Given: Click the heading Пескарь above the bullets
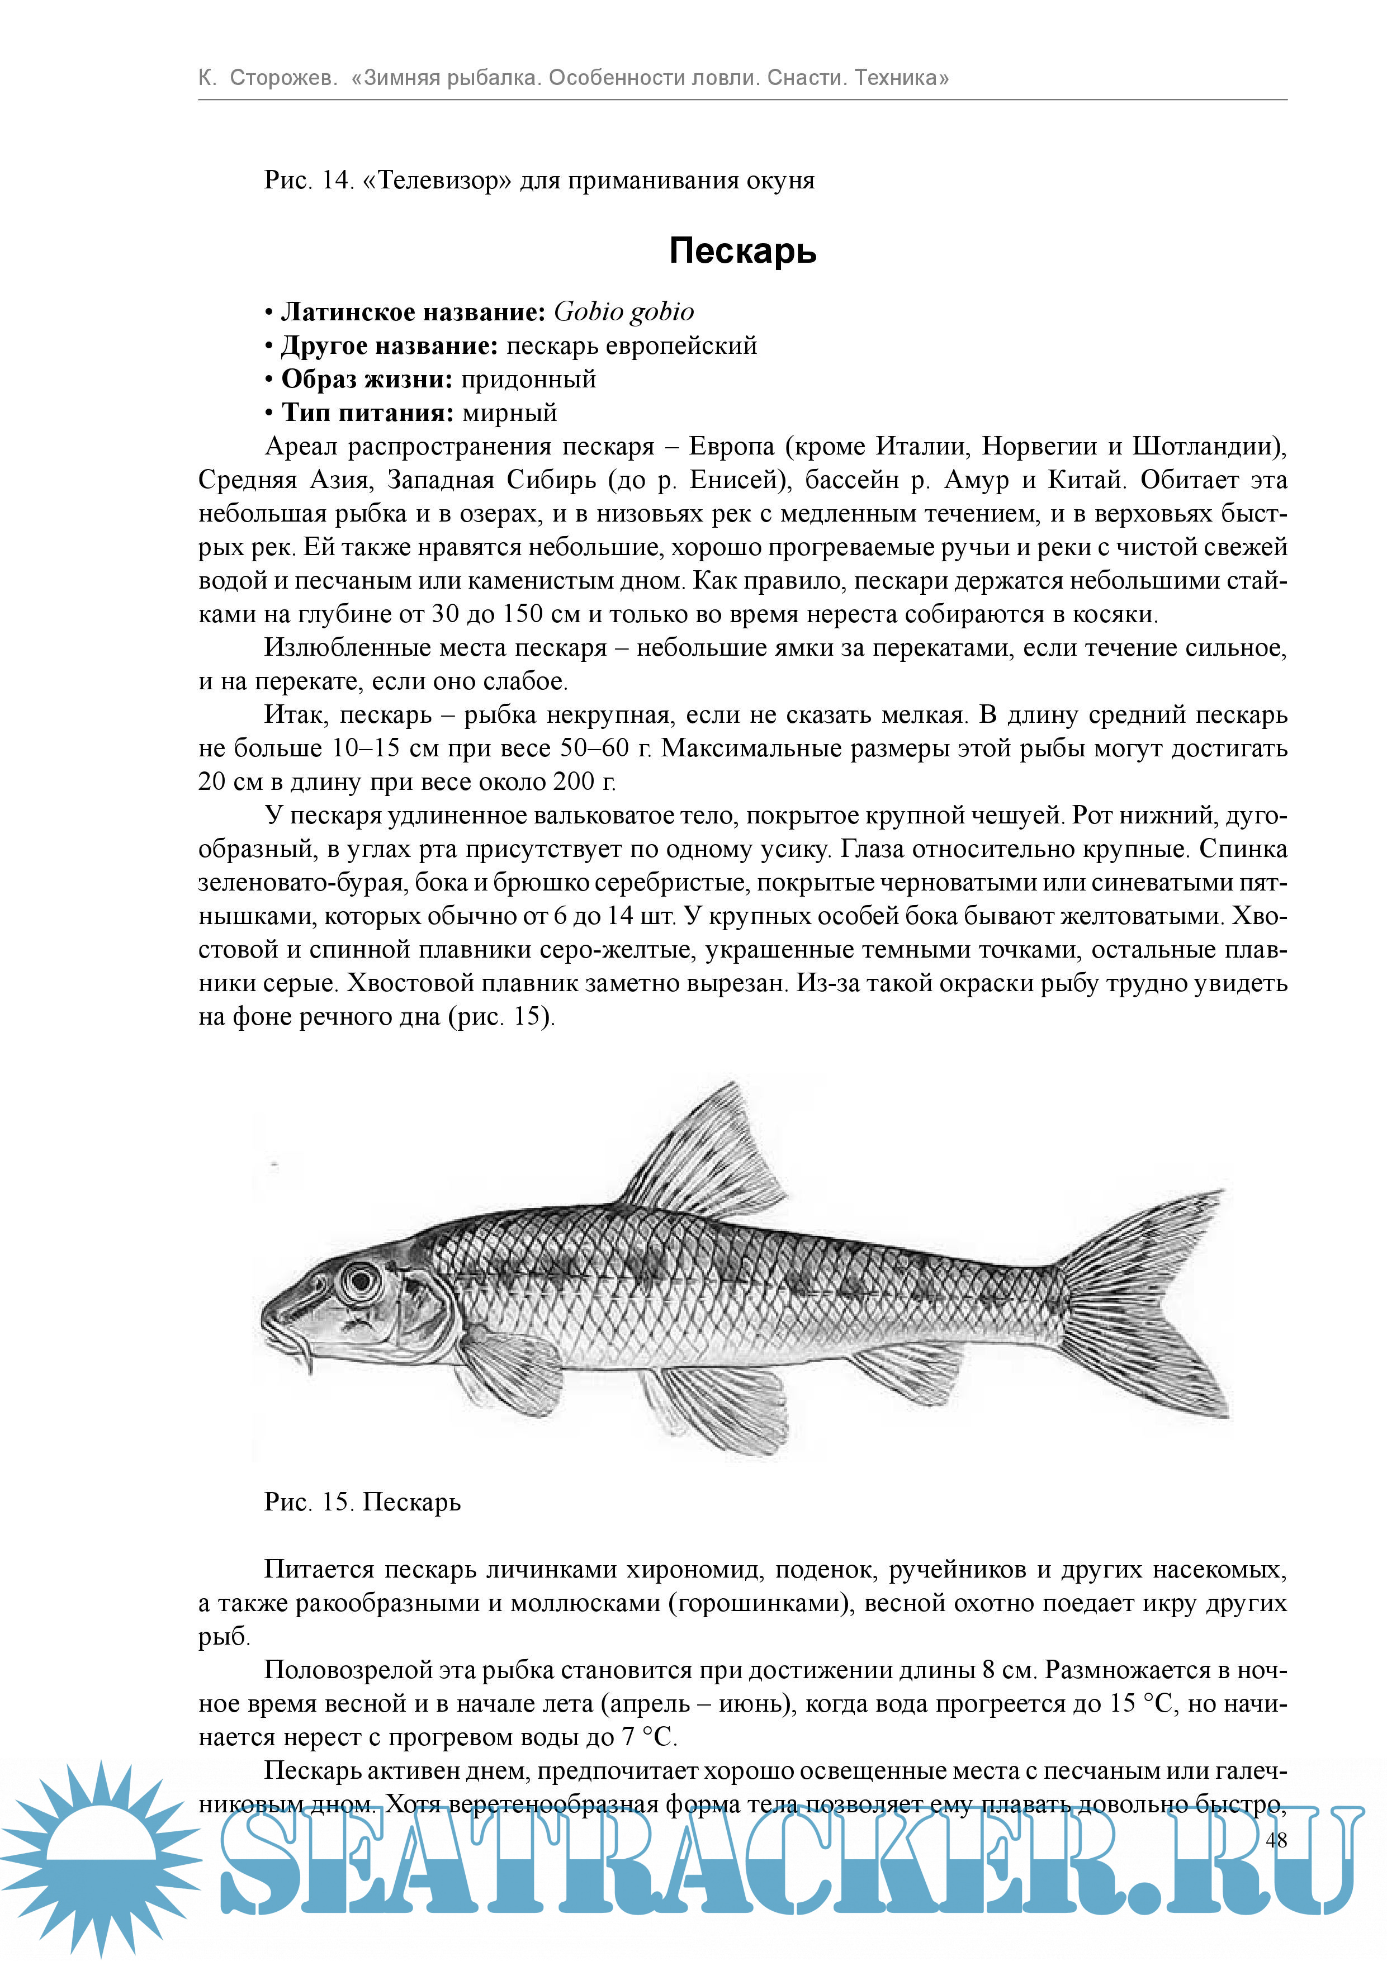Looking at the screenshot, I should [742, 251].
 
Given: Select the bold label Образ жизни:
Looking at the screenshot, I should [367, 379].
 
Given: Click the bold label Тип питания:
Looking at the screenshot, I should [368, 413].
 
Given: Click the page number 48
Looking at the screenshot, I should [1276, 1840].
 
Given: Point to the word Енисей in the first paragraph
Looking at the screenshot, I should [735, 480].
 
